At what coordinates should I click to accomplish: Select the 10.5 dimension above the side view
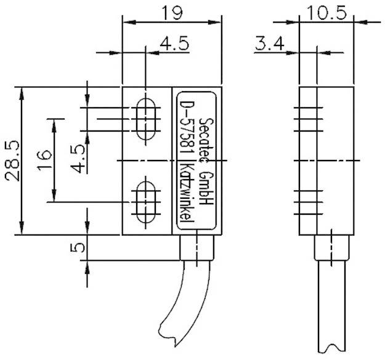(x=326, y=11)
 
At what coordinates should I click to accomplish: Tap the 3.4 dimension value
(x=269, y=44)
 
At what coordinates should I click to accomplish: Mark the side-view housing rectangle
(x=326, y=161)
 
